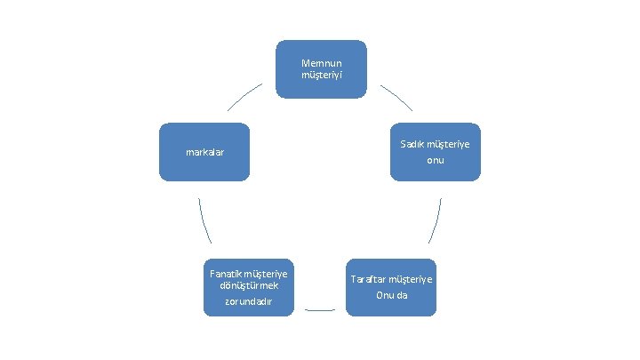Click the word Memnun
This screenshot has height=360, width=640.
(320, 63)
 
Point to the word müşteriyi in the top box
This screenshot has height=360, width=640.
(320, 74)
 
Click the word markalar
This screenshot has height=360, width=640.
(204, 152)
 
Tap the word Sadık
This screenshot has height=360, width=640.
(412, 144)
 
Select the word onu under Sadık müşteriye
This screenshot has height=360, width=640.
(435, 160)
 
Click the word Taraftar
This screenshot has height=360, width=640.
(370, 279)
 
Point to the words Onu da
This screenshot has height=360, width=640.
(391, 295)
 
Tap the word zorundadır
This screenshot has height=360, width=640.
(248, 302)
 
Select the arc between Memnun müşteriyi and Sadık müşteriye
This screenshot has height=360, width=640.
(397, 97)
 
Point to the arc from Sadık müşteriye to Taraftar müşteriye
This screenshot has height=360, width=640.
(436, 220)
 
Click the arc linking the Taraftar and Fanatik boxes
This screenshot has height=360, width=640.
(320, 310)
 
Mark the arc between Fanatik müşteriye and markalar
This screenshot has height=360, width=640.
(204, 220)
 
